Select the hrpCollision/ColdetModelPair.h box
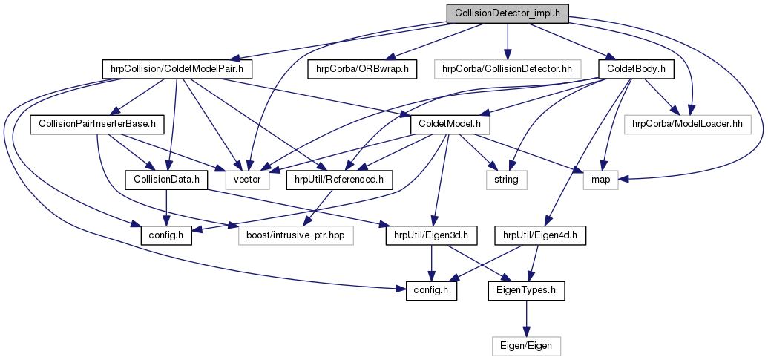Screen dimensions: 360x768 [177, 69]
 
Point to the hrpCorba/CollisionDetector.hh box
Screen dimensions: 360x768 [507, 69]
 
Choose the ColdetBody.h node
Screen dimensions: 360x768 [635, 69]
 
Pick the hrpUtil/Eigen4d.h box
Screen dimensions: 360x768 [545, 235]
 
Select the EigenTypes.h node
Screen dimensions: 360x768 [526, 290]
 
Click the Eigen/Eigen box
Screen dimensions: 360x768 [526, 345]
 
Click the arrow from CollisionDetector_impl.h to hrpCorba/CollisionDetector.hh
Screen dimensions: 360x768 [507, 41]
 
